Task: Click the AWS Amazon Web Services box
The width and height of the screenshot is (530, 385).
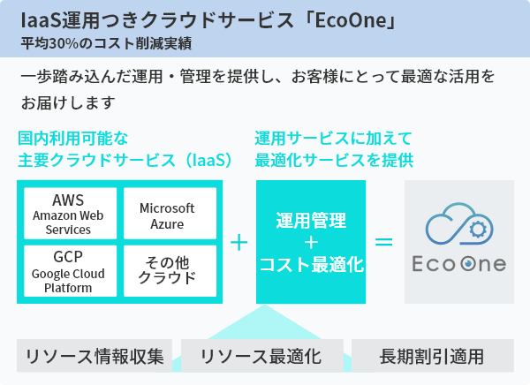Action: coord(71,214)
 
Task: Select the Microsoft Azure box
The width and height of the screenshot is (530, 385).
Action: coord(170,214)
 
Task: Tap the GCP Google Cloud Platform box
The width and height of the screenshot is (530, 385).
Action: coord(71,271)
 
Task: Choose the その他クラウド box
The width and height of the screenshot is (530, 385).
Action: coord(170,271)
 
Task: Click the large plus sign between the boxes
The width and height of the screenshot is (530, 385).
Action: coord(239,242)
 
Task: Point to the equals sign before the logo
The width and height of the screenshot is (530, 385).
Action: coord(384,242)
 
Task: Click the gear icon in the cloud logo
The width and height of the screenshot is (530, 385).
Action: coord(478,230)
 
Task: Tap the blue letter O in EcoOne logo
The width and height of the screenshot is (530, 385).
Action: coord(468,264)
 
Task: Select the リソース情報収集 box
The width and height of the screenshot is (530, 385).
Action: coord(95,356)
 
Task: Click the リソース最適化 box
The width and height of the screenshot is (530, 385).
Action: coord(262,356)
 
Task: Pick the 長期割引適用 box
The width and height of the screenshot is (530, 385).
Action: coord(433,356)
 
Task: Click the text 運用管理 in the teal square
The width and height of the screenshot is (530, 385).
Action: coord(311,221)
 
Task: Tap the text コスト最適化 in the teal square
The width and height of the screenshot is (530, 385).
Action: coord(311,264)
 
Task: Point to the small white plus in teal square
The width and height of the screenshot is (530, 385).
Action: coord(311,243)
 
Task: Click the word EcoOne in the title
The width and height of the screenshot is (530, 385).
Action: coord(351,20)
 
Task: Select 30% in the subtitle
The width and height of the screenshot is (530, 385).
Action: coord(64,43)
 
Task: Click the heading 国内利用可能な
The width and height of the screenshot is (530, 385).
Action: coord(73,139)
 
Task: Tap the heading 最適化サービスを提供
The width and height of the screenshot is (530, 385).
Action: coord(334,160)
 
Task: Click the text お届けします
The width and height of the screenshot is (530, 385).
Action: coord(68,102)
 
